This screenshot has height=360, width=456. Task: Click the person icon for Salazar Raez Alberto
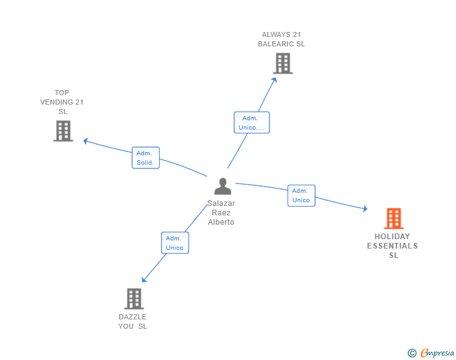222,187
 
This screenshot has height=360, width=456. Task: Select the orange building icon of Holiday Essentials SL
393,219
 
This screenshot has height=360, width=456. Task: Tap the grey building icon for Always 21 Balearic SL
282,63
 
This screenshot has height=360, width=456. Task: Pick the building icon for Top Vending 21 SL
63,131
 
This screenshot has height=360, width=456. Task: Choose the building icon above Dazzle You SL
133,299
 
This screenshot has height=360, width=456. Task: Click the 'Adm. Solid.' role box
146,158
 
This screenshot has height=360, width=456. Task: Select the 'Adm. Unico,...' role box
251,123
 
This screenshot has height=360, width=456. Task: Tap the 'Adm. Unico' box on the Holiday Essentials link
301,195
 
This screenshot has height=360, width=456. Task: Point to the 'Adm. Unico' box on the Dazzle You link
174,242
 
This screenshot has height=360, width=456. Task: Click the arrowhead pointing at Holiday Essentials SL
365,209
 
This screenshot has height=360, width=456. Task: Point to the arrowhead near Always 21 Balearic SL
274,79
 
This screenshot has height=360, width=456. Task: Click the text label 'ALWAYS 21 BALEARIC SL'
282,39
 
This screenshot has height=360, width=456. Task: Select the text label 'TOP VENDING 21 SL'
62,102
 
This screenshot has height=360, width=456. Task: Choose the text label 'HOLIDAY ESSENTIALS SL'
392,245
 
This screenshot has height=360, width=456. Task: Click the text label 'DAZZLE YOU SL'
133,321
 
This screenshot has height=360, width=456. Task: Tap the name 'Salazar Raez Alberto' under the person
221,213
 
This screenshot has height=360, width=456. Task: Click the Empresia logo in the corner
437,353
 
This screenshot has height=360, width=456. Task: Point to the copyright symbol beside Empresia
412,353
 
